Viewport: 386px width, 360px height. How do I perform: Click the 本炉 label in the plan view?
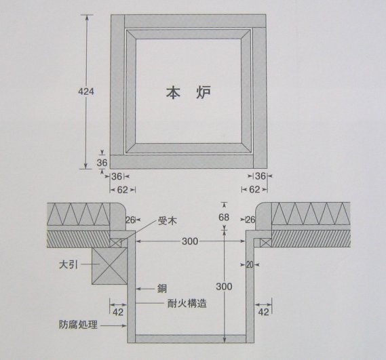pyautogui.click(x=189, y=92)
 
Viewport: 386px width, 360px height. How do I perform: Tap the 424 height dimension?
pyautogui.click(x=86, y=92)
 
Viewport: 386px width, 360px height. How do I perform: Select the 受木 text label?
pyautogui.click(x=168, y=221)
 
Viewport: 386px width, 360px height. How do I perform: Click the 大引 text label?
pyautogui.click(x=69, y=265)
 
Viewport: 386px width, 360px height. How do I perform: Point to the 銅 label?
pyautogui.click(x=162, y=289)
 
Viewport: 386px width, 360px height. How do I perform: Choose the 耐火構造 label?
pyautogui.click(x=187, y=304)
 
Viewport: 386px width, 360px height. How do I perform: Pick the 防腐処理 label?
pyautogui.click(x=78, y=325)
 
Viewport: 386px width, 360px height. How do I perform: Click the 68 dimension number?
pyautogui.click(x=224, y=217)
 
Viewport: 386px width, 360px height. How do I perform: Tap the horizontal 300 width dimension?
pyautogui.click(x=190, y=241)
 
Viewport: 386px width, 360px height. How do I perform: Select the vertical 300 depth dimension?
pyautogui.click(x=224, y=286)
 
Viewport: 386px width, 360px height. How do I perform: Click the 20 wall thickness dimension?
pyautogui.click(x=250, y=265)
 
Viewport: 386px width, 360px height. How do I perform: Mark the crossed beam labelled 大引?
pyautogui.click(x=109, y=266)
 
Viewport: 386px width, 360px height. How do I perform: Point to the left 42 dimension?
pyautogui.click(x=118, y=313)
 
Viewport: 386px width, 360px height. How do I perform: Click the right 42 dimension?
pyautogui.click(x=264, y=313)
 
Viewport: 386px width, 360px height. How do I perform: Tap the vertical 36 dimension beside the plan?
pyautogui.click(x=102, y=163)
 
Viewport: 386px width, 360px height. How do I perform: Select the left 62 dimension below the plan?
pyautogui.click(x=122, y=190)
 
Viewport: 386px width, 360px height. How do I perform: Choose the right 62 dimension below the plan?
pyautogui.click(x=254, y=189)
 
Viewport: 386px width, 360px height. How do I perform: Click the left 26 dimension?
pyautogui.click(x=130, y=220)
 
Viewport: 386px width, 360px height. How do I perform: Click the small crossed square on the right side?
pyautogui.click(x=266, y=243)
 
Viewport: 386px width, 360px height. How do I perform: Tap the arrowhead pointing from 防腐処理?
pyautogui.click(x=124, y=325)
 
